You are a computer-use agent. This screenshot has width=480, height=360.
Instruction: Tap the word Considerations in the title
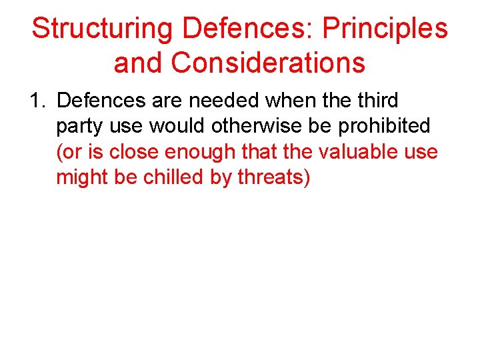(268, 63)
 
